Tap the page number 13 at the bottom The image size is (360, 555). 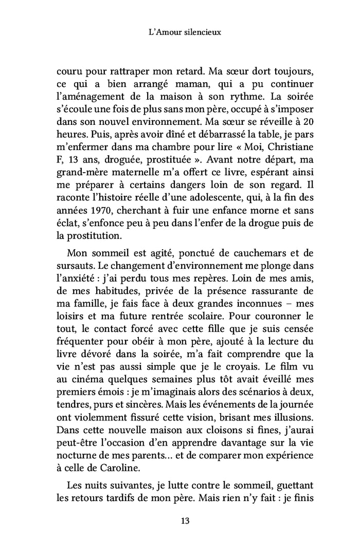179,521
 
